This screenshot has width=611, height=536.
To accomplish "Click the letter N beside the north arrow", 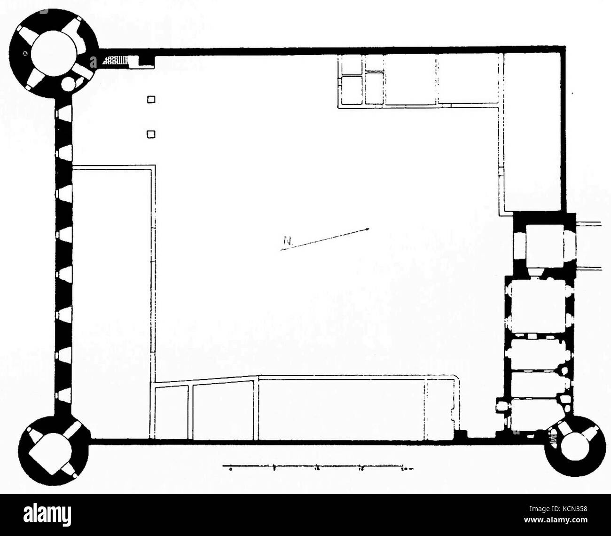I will click(x=286, y=242).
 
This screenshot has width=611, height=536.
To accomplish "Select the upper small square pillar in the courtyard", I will click(x=151, y=99).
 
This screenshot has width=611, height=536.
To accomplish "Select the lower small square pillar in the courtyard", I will click(x=151, y=134).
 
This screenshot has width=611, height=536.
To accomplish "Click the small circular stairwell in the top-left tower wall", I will click(x=69, y=85).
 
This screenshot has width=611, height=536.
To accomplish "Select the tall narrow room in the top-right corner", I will click(x=533, y=132).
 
